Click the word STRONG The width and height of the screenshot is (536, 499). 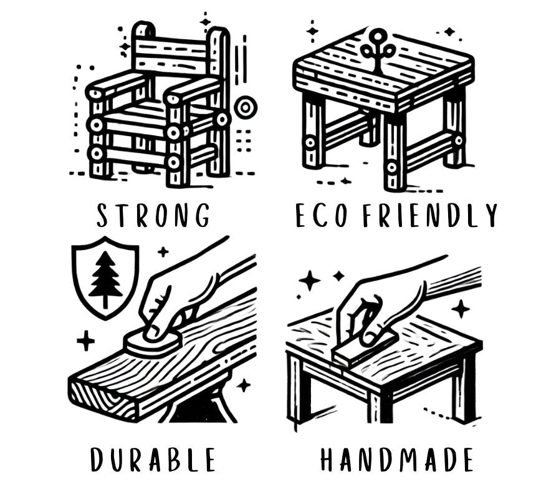153,215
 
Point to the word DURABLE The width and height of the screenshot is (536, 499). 153,460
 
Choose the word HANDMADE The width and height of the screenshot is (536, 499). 396,460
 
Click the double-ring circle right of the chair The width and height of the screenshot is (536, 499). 246,108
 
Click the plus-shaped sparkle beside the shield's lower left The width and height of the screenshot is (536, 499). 85,341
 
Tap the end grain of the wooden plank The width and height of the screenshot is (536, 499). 103,399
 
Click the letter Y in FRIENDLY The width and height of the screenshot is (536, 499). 491,215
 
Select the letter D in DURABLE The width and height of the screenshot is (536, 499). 97,460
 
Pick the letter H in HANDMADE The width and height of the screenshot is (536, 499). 327,460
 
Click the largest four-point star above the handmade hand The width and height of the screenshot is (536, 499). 310,281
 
